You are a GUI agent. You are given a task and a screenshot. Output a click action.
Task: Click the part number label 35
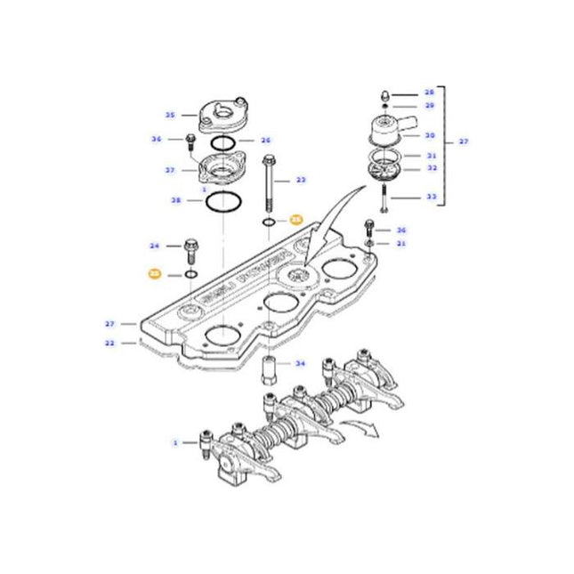coord(169,115)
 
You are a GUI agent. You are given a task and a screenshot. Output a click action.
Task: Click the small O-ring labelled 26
coord(223,141)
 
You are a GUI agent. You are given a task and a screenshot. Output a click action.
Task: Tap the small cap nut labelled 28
coord(384,93)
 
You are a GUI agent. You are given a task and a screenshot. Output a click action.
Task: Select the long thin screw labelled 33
coord(383,198)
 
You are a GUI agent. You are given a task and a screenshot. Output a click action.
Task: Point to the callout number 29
coord(430,106)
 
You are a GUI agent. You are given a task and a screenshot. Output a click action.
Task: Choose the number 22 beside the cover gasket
coord(109,342)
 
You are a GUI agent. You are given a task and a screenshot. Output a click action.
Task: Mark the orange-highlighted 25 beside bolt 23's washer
coord(296,219)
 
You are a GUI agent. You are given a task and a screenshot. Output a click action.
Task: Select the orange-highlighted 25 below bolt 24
coord(154,275)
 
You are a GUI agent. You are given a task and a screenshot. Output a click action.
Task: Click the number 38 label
coord(175,201)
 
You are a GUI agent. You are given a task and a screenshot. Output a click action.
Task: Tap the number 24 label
coord(154,246)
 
